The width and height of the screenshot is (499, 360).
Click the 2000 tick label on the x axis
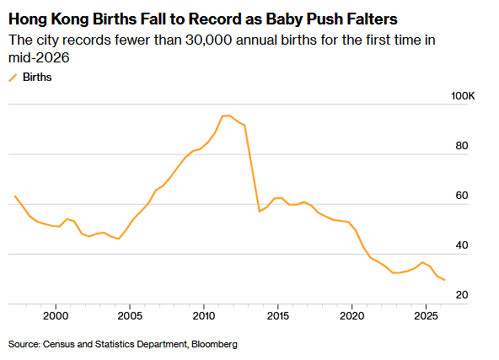(x=56, y=316)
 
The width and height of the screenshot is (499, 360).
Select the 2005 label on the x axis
(x=130, y=316)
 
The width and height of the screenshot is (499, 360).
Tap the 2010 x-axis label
(x=204, y=316)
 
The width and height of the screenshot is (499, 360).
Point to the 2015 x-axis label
(x=278, y=316)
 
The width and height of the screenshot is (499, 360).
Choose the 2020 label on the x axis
(x=352, y=316)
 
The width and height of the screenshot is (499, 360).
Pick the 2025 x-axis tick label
(x=427, y=316)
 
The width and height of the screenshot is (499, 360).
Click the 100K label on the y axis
(x=463, y=96)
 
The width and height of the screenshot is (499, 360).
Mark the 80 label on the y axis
(x=462, y=146)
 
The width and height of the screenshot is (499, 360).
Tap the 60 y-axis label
(x=462, y=195)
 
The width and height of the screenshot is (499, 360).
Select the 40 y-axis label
(x=462, y=245)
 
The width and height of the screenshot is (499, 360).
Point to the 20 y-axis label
(x=462, y=295)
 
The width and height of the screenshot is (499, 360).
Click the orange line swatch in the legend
(x=13, y=78)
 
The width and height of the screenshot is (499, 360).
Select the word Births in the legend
(x=37, y=77)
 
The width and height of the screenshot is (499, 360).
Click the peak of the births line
(x=229, y=116)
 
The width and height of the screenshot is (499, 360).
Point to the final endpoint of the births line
(x=444, y=280)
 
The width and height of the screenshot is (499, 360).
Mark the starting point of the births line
(x=15, y=196)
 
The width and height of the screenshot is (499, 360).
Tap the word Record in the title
(x=216, y=19)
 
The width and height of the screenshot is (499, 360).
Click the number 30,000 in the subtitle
(x=208, y=40)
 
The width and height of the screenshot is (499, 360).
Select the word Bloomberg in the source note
(x=214, y=345)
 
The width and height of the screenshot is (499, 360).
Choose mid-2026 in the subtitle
(x=39, y=57)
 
